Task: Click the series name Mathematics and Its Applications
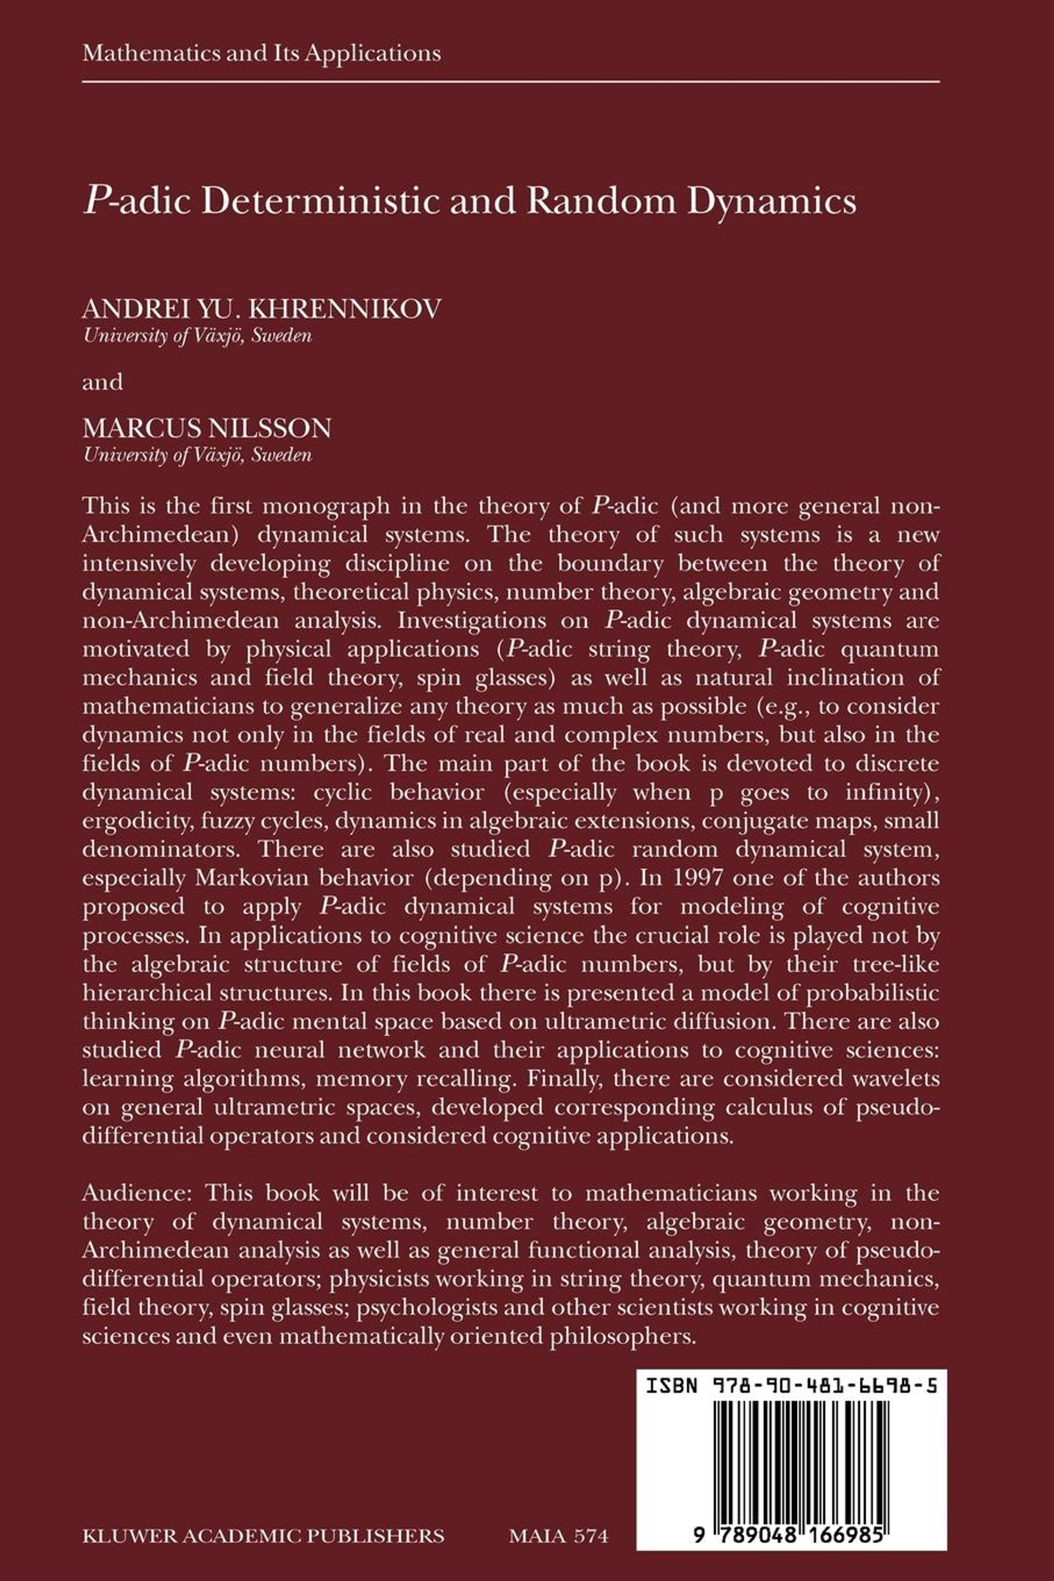tap(261, 53)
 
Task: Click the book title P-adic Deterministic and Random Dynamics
tap(469, 201)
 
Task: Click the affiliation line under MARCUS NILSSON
tap(197, 455)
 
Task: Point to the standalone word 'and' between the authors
tap(102, 383)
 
